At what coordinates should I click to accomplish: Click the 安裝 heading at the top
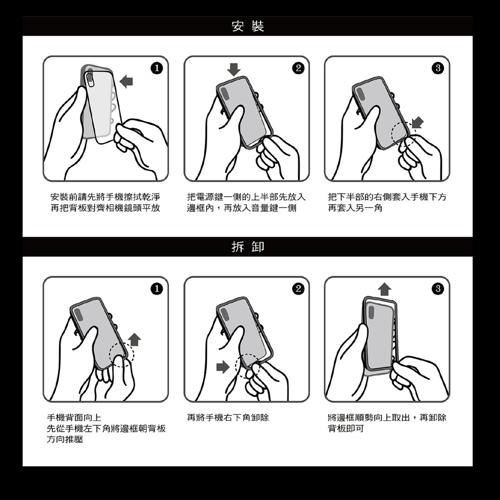click(x=248, y=26)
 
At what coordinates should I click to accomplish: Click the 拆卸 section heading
click(x=248, y=247)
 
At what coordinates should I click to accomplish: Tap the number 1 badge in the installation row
click(x=157, y=68)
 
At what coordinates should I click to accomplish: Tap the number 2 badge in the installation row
click(x=298, y=68)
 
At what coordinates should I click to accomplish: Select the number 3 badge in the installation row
click(x=438, y=68)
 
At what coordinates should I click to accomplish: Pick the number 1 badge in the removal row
click(x=157, y=289)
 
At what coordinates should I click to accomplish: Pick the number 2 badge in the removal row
click(x=298, y=289)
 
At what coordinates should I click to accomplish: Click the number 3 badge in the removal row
click(x=438, y=289)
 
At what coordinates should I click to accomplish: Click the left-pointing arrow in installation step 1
click(x=126, y=82)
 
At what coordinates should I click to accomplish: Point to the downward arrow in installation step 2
click(x=234, y=69)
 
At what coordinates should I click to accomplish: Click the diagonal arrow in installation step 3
click(x=417, y=122)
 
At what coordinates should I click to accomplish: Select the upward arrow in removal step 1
click(x=135, y=339)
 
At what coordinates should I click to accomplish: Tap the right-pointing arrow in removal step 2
click(x=223, y=367)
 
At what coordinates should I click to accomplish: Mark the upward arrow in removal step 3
click(x=385, y=289)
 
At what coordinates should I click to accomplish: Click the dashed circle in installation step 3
click(x=392, y=134)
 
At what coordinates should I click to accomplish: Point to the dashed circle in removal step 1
click(x=109, y=354)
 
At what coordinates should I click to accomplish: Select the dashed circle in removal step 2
click(x=236, y=366)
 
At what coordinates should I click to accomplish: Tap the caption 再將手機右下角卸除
click(x=228, y=417)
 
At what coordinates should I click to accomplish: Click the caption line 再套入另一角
click(x=355, y=208)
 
